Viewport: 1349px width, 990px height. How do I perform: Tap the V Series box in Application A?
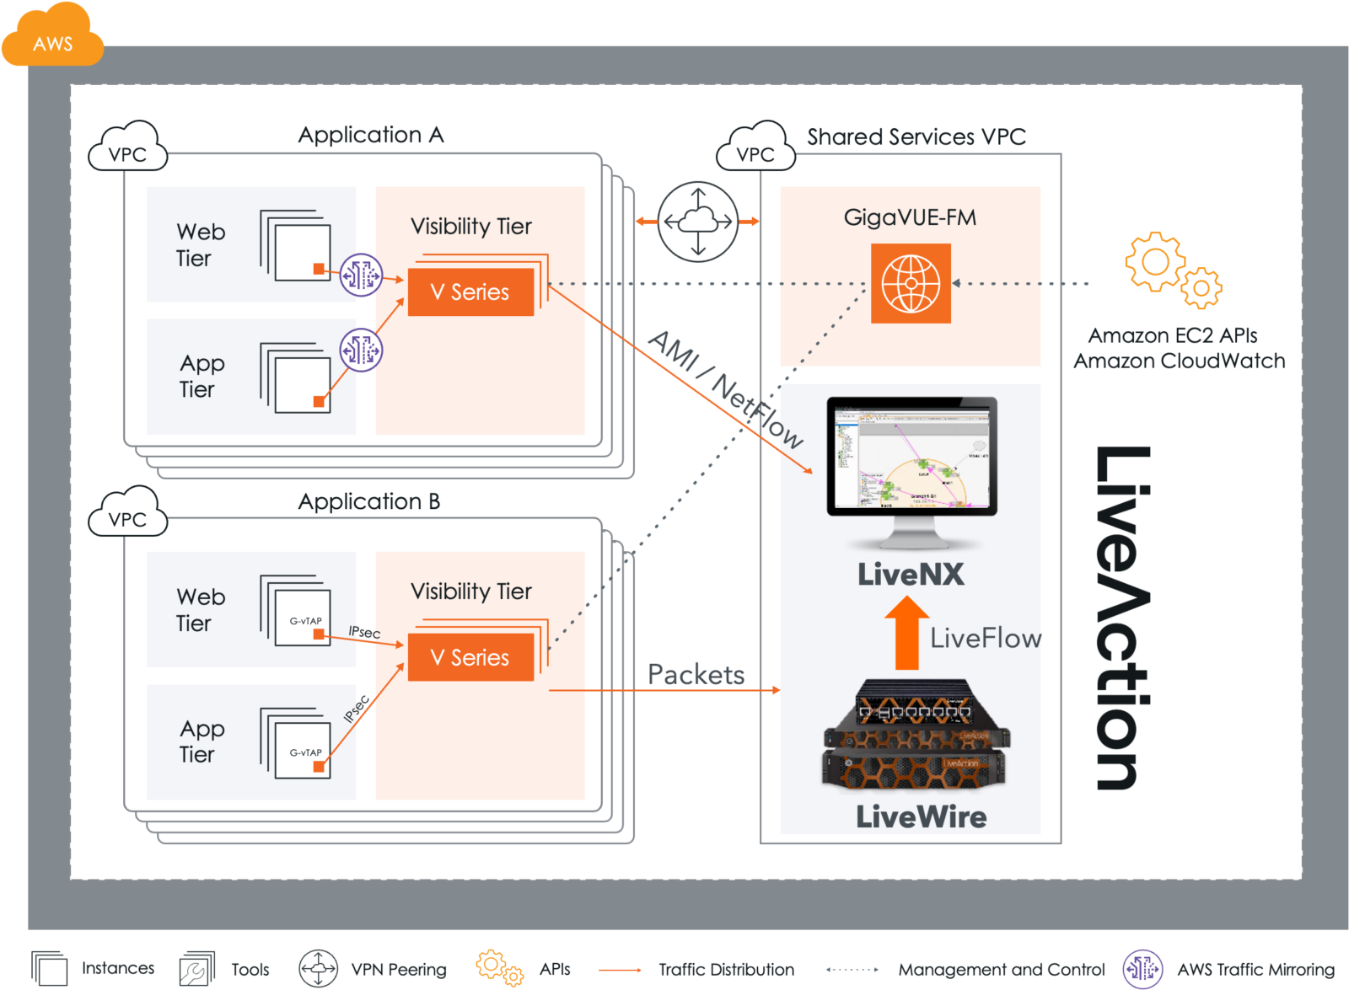(470, 292)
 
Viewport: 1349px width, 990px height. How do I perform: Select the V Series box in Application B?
(470, 657)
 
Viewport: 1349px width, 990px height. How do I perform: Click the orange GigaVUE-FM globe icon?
(911, 283)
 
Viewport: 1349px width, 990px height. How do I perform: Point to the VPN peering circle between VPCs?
(698, 222)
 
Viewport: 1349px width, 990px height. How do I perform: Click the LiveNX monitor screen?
(911, 457)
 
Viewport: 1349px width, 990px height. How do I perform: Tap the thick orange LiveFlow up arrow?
(906, 633)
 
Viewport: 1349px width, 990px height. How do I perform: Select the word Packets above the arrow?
(696, 674)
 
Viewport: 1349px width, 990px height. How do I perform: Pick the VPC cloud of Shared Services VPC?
(755, 149)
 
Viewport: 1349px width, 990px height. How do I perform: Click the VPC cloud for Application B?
(127, 514)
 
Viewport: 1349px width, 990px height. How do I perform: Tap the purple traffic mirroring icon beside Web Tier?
(361, 275)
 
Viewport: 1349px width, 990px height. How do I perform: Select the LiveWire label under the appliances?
(921, 816)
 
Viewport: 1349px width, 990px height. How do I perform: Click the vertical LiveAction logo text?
(1122, 618)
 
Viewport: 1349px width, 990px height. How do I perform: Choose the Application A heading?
(371, 135)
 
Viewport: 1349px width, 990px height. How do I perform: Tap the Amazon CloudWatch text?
(1179, 361)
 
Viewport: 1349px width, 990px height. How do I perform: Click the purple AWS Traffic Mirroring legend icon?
(1142, 969)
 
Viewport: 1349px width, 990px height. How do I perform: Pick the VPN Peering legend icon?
(318, 969)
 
